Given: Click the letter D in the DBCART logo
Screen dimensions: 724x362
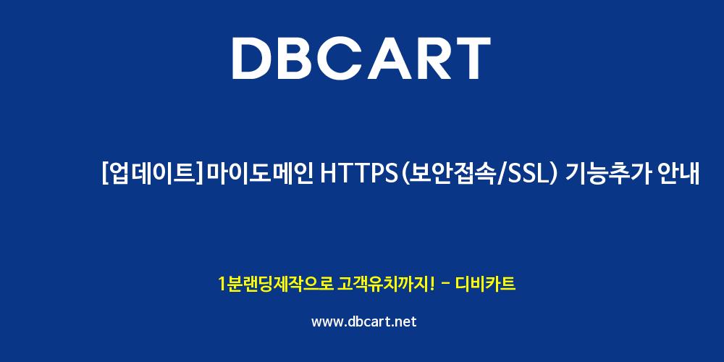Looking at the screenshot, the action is [253, 58].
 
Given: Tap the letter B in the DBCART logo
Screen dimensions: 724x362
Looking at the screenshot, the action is [300, 58].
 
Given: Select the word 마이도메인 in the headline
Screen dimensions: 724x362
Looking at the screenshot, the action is [258, 174].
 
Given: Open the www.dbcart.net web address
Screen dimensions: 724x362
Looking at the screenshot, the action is [364, 321].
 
